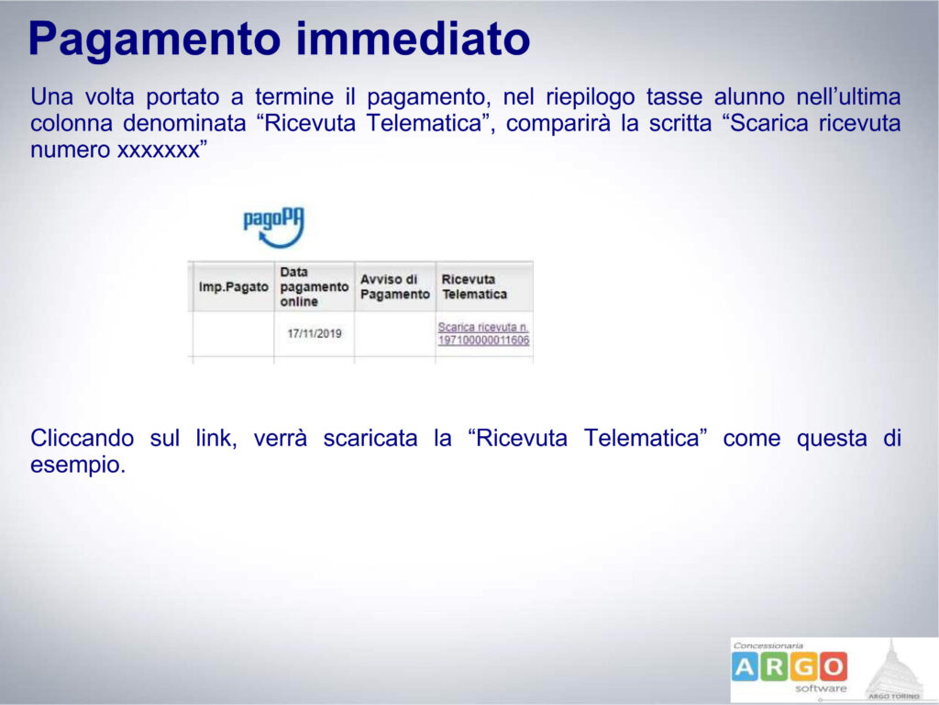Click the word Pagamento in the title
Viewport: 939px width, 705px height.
pyautogui.click(x=154, y=39)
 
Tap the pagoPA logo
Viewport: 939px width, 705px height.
pyautogui.click(x=274, y=228)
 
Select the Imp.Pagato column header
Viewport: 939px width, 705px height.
pyautogui.click(x=234, y=287)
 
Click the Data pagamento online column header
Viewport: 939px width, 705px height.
pyautogui.click(x=314, y=286)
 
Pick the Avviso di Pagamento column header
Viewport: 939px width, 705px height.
pyautogui.click(x=394, y=286)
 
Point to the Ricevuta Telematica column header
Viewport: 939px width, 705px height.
pyautogui.click(x=474, y=286)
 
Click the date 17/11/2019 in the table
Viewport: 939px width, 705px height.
pyautogui.click(x=315, y=333)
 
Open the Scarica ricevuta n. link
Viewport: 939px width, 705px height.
pyautogui.click(x=483, y=334)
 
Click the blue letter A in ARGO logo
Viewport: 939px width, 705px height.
pyautogui.click(x=745, y=666)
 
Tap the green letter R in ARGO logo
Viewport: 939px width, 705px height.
pyautogui.click(x=774, y=666)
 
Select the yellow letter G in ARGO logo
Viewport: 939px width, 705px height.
pyautogui.click(x=803, y=666)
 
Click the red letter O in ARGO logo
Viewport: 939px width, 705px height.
pyautogui.click(x=833, y=666)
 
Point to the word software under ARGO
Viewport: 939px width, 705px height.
pyautogui.click(x=821, y=688)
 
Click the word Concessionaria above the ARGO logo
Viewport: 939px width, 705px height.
pyautogui.click(x=768, y=645)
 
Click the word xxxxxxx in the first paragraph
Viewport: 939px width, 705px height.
pyautogui.click(x=158, y=151)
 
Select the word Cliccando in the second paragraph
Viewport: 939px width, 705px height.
pyautogui.click(x=82, y=438)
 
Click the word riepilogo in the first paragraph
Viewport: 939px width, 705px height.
pyautogui.click(x=590, y=97)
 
